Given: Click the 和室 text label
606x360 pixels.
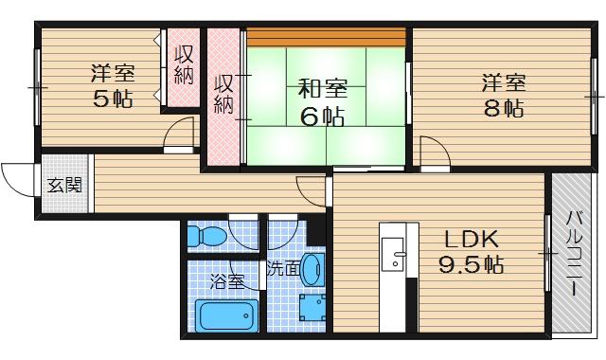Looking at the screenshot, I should (x=322, y=90).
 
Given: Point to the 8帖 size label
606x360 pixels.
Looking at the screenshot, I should (x=502, y=107).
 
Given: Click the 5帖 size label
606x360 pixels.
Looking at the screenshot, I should (x=112, y=98).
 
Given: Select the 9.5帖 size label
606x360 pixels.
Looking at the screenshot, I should (x=470, y=264).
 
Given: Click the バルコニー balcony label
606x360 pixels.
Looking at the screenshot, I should (x=575, y=253).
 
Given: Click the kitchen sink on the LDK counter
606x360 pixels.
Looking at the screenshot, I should (x=397, y=253).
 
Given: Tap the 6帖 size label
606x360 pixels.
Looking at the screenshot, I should (x=322, y=117).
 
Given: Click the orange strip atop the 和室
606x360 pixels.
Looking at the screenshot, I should (x=327, y=37).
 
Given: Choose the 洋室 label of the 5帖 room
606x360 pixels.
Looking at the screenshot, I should (x=113, y=72).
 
